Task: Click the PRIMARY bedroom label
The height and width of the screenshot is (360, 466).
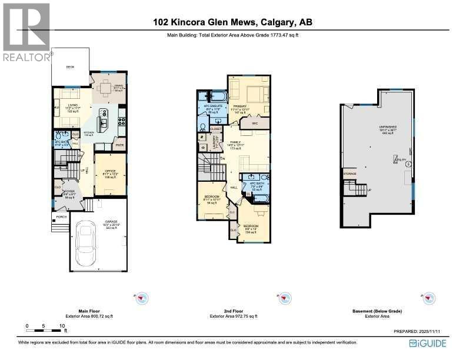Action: [x=239, y=106]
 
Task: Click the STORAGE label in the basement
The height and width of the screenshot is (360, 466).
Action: [x=349, y=174]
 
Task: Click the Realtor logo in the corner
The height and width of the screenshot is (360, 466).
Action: [x=27, y=33]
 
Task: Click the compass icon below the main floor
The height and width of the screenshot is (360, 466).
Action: [x=141, y=299]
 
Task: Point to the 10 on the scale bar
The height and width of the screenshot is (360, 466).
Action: [x=61, y=325]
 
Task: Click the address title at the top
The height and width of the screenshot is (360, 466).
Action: [x=232, y=23]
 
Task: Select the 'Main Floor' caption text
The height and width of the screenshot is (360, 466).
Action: [x=89, y=311]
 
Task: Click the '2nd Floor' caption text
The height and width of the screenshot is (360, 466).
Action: [x=233, y=311]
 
